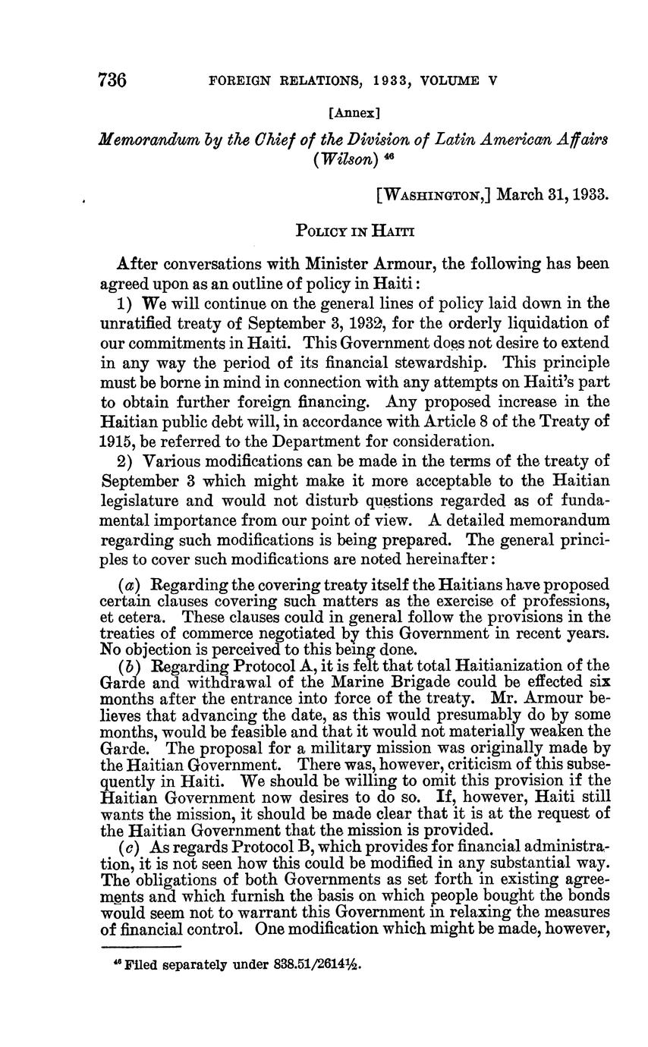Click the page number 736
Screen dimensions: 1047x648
tap(112, 80)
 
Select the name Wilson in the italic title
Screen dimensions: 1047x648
tap(341, 160)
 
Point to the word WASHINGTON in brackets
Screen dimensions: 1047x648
tap(435, 193)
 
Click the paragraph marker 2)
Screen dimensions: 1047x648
tap(126, 461)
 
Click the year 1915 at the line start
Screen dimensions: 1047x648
tap(116, 441)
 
